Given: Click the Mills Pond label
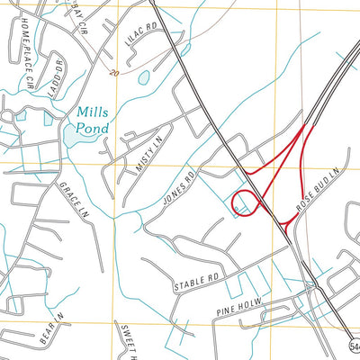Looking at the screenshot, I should tap(93, 121).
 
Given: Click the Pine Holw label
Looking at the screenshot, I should tap(237, 310).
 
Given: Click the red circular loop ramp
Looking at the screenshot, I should tap(246, 204).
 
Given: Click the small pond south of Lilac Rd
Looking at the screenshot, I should tap(143, 78).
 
